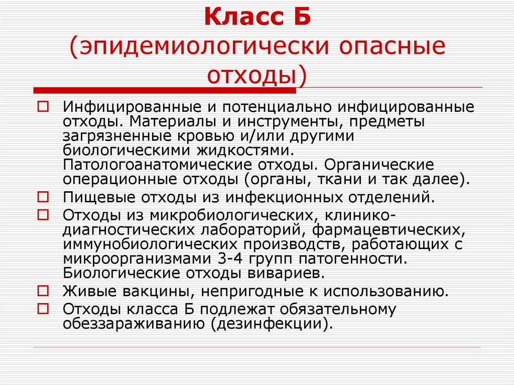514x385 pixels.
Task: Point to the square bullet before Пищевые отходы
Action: point(43,197)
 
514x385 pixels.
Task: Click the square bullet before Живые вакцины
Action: point(43,291)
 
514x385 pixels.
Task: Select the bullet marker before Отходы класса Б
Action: point(43,308)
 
